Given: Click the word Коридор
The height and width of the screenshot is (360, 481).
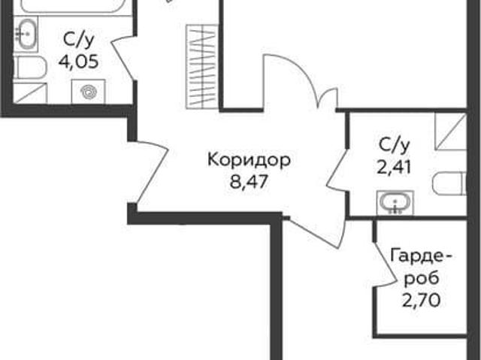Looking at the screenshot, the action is pos(249,160).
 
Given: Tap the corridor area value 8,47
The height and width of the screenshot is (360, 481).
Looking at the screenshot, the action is pos(249,182).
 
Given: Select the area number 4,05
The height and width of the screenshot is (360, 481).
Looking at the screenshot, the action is pos(78,62).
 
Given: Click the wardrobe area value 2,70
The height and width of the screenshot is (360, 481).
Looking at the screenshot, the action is pos(421,300).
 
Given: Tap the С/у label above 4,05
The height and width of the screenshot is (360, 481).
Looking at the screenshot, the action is pos(78,40).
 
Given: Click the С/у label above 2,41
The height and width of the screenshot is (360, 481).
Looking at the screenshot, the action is pos(395,145).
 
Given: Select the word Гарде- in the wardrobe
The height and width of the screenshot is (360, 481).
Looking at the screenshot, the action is pos(421,257).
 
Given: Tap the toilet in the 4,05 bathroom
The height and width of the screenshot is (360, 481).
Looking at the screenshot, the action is pos(29,68).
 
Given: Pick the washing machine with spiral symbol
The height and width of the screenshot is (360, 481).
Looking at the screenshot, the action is pos(89,92).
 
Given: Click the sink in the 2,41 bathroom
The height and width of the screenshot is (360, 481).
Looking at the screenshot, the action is pos(395,203).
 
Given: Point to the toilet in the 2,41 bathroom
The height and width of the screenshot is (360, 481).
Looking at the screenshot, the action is pos(449,183).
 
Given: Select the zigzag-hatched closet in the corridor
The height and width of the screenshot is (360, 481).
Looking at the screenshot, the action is pos(202,67).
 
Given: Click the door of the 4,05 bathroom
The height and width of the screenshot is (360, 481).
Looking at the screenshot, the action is pos(123,59).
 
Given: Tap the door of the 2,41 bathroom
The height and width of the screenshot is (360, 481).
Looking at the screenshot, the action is pos(337,171).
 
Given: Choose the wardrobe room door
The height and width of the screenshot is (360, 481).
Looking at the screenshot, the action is pos(384,264).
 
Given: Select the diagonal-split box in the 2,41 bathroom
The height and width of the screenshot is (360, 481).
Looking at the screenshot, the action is pos(451,132).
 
